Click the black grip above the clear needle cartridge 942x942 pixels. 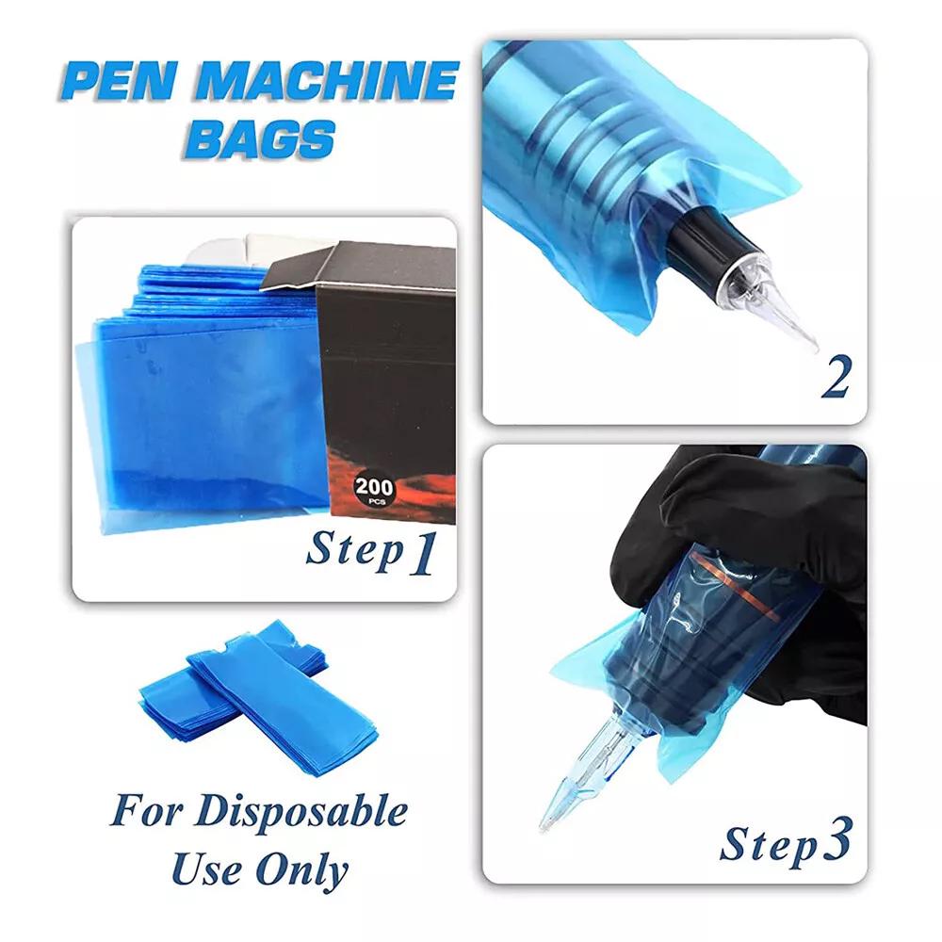[x=709, y=236]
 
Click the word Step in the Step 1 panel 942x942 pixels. [x=354, y=550]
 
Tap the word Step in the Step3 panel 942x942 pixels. [x=769, y=844]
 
